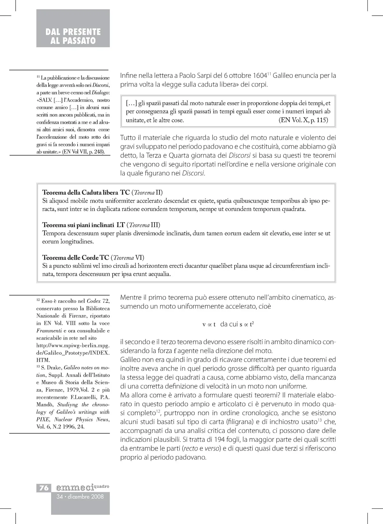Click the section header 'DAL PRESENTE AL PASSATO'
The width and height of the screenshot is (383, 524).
73,36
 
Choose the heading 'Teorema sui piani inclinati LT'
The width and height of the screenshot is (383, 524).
83,225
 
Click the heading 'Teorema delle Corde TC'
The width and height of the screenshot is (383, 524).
76,258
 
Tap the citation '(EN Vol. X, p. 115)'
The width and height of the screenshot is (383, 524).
303,120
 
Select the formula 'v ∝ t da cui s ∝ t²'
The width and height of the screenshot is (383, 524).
228,324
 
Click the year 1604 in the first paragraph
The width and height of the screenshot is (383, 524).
259,76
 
